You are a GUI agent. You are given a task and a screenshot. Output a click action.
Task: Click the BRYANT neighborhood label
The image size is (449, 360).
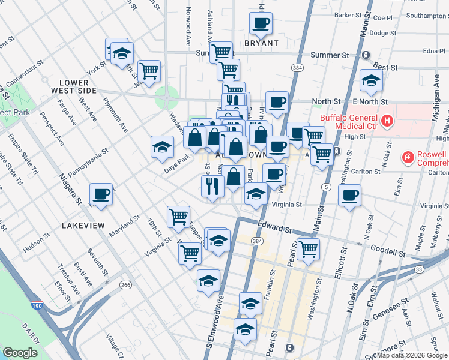coord(261,43)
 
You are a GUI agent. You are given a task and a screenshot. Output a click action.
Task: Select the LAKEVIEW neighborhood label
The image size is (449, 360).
coord(83,226)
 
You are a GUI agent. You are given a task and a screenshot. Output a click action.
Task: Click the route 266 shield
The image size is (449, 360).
coord(125,284)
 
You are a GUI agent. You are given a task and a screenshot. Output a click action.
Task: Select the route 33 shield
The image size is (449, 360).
coord(419,269)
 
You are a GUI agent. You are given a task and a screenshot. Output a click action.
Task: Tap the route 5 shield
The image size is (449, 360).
coord(325,188)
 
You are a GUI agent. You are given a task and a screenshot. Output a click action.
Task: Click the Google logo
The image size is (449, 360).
coord(20,353)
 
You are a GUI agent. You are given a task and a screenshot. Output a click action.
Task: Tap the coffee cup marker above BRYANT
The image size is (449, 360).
coord(261,24)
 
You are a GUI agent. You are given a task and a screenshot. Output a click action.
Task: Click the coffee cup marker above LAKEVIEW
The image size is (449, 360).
coord(101,194)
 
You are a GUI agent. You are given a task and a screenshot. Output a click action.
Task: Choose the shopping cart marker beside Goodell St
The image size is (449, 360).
coord(308,248)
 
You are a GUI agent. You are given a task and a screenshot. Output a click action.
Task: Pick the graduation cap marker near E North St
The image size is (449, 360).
coord(371,81)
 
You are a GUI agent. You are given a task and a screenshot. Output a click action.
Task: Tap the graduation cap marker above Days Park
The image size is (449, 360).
coord(162,148)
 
